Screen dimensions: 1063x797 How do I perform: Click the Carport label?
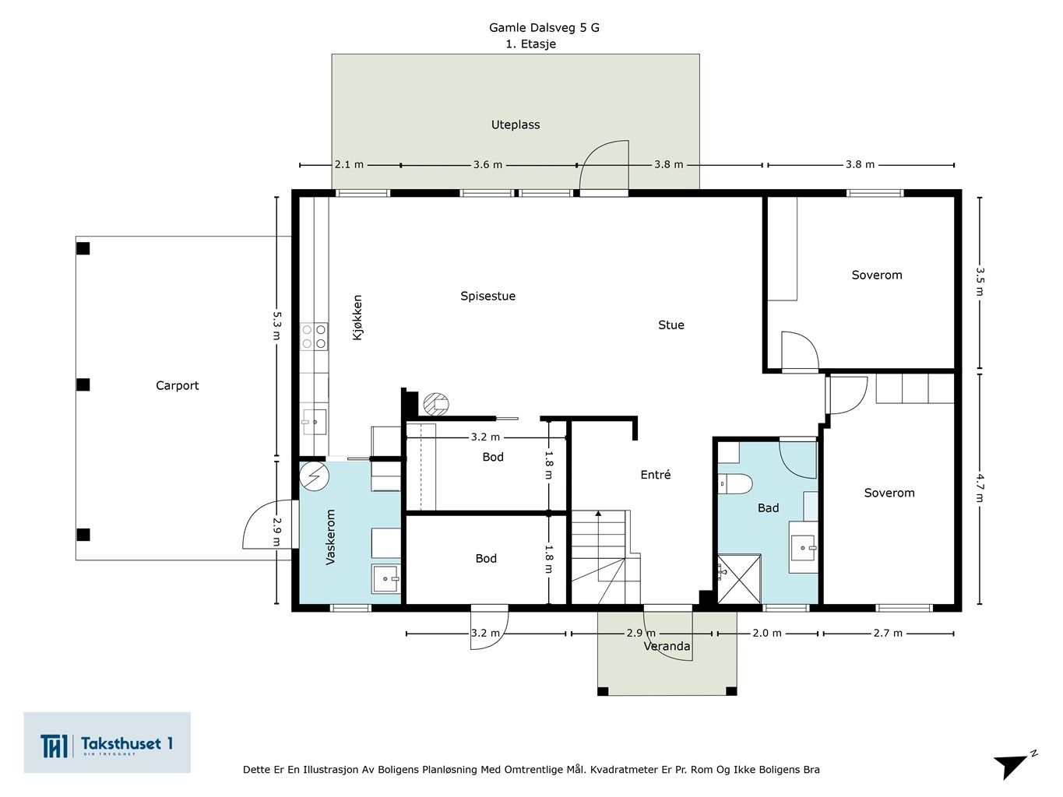(x=177, y=386)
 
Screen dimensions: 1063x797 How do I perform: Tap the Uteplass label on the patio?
(x=516, y=125)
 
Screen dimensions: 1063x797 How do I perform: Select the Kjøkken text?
(x=357, y=318)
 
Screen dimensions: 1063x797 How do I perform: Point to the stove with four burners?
(x=314, y=337)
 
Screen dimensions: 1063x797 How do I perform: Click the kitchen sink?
(x=314, y=422)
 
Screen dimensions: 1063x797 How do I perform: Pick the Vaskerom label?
(x=330, y=537)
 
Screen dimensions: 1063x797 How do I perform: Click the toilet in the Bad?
(x=735, y=483)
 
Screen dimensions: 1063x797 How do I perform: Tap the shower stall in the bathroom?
(x=739, y=579)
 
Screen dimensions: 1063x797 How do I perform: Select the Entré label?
(x=655, y=475)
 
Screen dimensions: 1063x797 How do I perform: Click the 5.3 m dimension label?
(x=276, y=325)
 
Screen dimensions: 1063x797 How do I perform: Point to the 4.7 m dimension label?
(x=980, y=488)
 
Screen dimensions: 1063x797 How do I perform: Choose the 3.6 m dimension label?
(x=488, y=164)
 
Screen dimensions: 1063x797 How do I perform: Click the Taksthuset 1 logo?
(x=107, y=743)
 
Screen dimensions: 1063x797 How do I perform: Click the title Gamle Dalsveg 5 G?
(x=544, y=27)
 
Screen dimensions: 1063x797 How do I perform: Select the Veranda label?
(x=667, y=646)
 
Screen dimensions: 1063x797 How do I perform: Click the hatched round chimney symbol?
(x=436, y=405)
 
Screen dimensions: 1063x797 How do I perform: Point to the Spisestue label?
(x=488, y=297)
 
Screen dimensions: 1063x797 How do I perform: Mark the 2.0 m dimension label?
(x=767, y=633)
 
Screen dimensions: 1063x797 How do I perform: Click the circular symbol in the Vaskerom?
(x=315, y=476)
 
